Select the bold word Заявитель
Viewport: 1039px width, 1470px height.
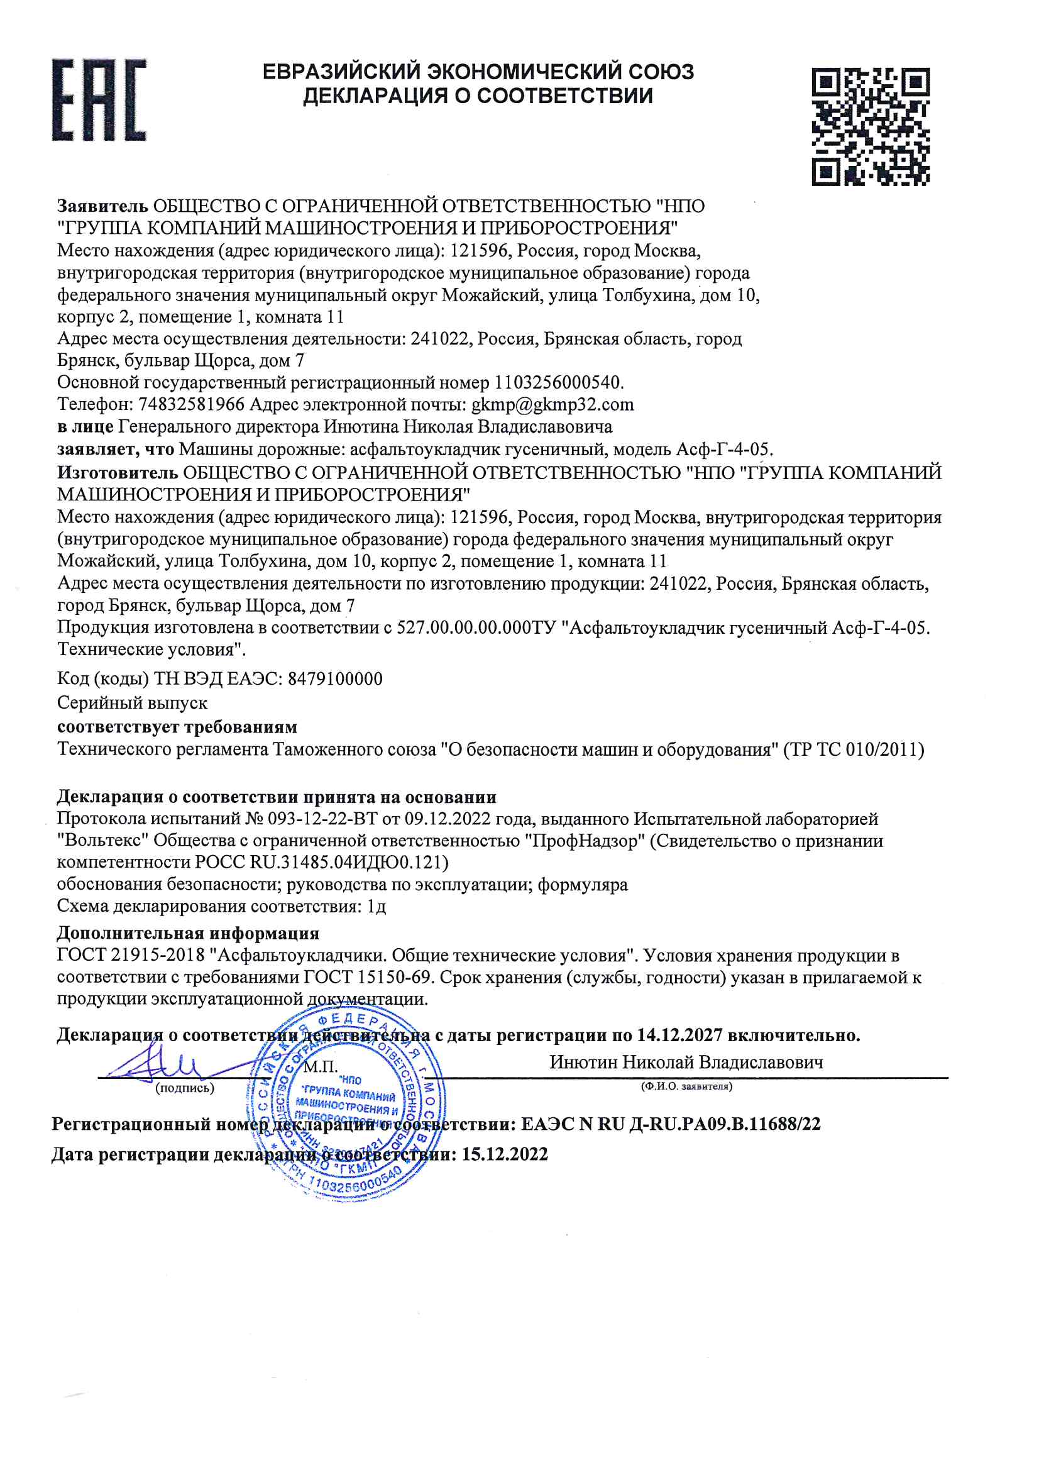(x=102, y=206)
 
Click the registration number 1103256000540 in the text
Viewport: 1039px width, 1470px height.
(x=557, y=382)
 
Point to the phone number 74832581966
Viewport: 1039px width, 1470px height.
(x=192, y=405)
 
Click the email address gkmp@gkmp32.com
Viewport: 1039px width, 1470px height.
(x=552, y=405)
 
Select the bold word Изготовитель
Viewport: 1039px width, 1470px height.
(x=117, y=473)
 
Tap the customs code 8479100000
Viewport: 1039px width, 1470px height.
(x=335, y=678)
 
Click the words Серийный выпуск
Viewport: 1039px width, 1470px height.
(x=132, y=703)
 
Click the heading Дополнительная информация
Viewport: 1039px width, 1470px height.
(x=187, y=933)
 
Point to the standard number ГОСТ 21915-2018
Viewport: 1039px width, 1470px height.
(x=131, y=955)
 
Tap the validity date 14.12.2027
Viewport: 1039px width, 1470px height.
(x=679, y=1036)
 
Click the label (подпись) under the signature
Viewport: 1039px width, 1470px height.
(x=184, y=1088)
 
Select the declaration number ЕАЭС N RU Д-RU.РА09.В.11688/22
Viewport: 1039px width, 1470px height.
(x=670, y=1124)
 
